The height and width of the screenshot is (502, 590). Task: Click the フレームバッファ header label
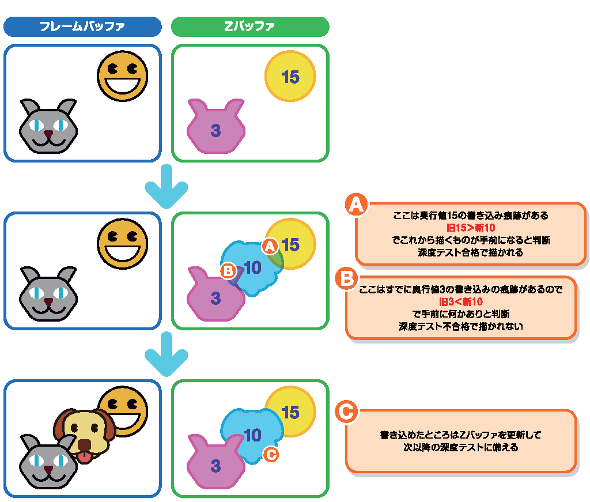tap(82, 27)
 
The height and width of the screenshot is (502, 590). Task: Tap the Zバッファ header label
tap(250, 27)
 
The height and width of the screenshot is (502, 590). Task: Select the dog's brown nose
tap(84, 445)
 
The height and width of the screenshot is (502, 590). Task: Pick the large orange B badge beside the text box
tap(346, 279)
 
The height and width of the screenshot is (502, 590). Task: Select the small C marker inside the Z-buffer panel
tap(270, 455)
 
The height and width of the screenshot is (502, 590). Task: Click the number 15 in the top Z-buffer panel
tap(290, 77)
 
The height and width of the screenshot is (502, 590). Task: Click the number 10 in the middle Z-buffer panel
tap(252, 267)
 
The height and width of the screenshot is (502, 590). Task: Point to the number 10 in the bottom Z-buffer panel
tap(252, 435)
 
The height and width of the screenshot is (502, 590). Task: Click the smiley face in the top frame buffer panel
tap(122, 76)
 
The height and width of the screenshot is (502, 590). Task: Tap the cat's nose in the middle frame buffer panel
tap(48, 301)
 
